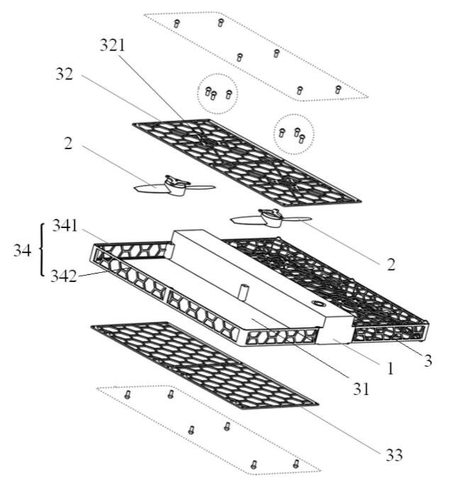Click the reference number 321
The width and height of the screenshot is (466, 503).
click(x=112, y=45)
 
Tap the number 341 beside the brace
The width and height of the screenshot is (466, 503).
click(x=65, y=227)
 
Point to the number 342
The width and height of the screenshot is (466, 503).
click(x=65, y=276)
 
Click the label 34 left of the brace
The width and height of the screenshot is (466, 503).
click(x=22, y=251)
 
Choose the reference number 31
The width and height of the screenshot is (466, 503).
click(x=359, y=388)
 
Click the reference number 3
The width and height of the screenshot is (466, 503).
click(x=428, y=360)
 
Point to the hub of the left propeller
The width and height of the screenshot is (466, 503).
click(x=174, y=186)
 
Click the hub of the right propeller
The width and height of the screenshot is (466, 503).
click(x=270, y=216)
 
